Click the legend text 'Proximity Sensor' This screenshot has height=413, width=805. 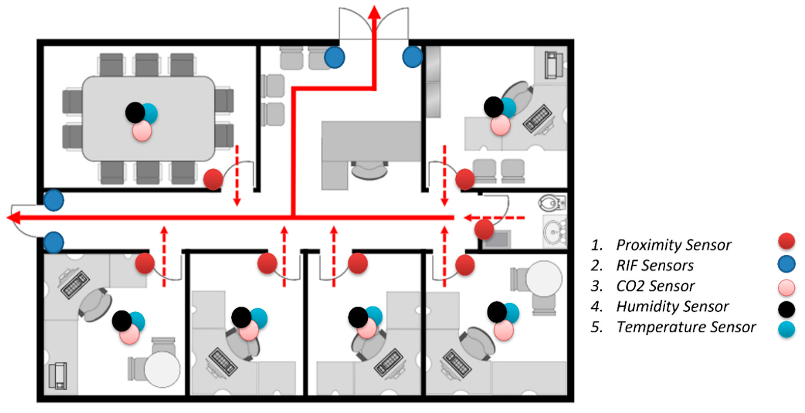click(673, 245)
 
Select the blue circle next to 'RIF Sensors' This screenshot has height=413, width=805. click(786, 264)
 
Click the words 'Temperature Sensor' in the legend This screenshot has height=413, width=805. click(686, 327)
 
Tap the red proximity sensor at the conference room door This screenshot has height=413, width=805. click(213, 179)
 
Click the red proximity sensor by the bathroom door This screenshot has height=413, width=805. click(484, 229)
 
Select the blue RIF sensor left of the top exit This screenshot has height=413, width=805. click(334, 57)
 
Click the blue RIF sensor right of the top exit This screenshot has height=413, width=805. click(412, 57)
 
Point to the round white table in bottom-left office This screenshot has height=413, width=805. click(162, 369)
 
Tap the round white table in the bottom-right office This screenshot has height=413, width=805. click(544, 279)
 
